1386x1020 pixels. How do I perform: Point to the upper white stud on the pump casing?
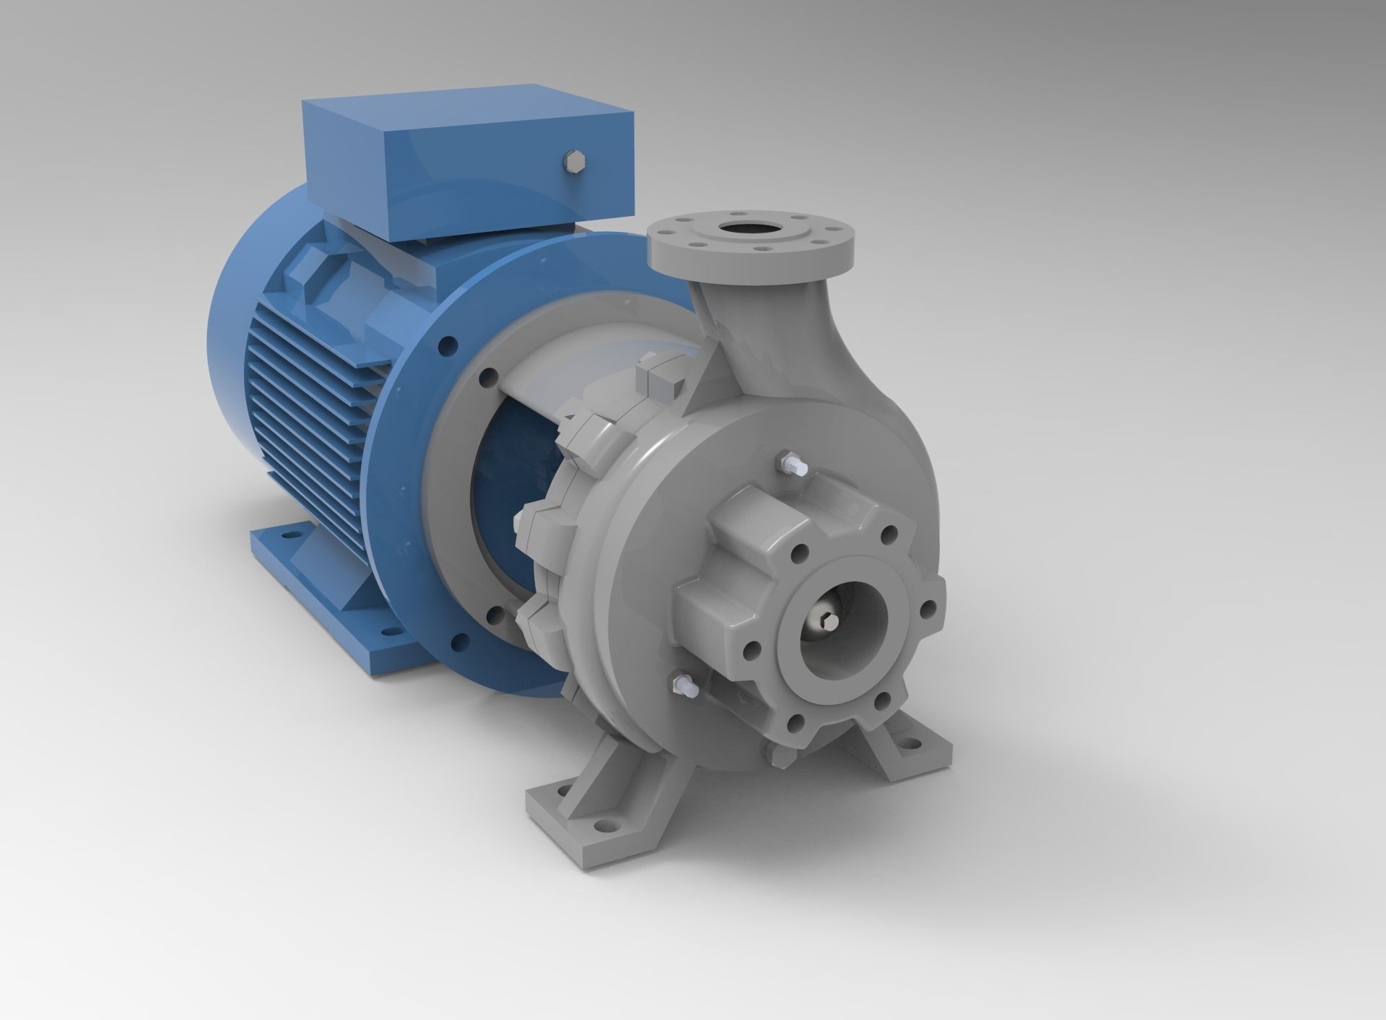[x=788, y=462]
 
